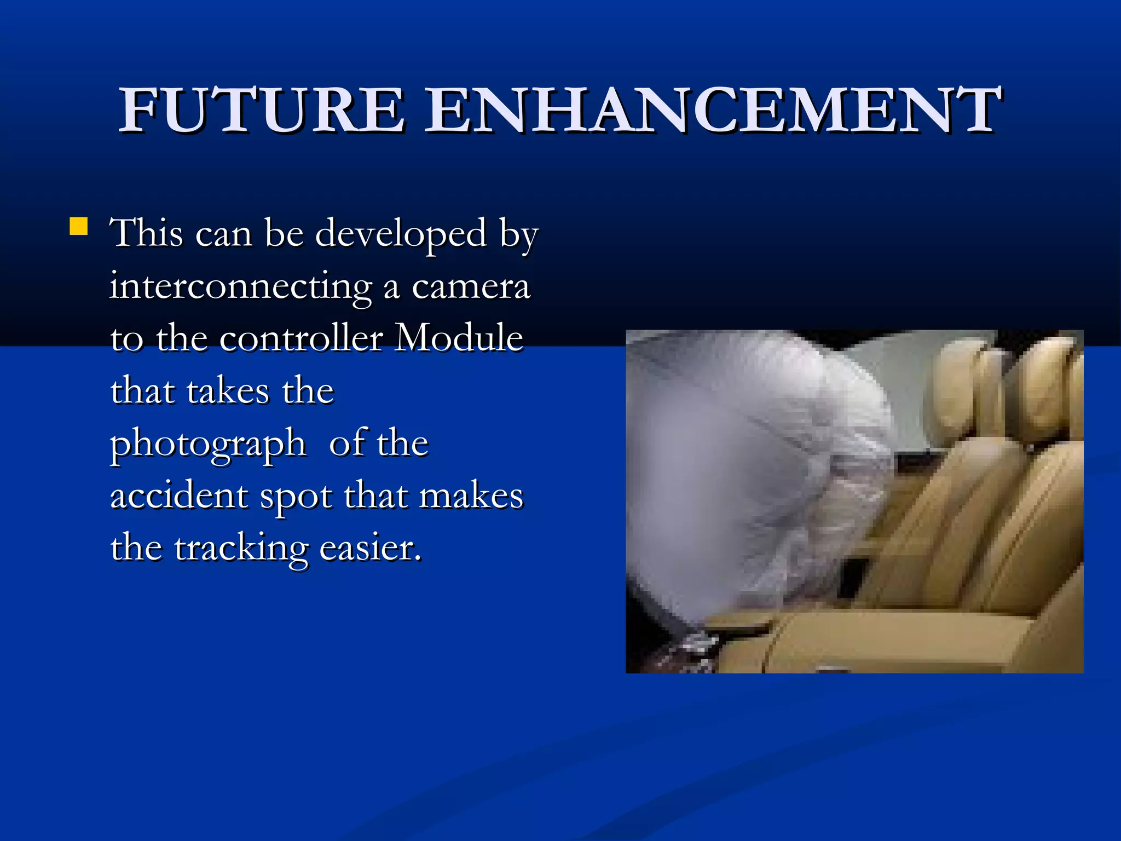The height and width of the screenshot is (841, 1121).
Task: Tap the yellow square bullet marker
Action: click(79, 226)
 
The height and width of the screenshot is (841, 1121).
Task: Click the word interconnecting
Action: click(240, 287)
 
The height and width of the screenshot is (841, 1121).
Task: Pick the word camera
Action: click(471, 287)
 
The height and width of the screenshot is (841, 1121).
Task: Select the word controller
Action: click(301, 338)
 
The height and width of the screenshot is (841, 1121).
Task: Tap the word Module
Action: click(459, 338)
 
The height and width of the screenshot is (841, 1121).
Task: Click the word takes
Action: click(228, 391)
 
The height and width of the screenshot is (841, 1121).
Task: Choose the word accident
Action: click(179, 496)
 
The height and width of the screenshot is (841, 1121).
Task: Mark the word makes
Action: click(471, 496)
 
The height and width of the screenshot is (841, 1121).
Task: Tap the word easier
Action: click(370, 548)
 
